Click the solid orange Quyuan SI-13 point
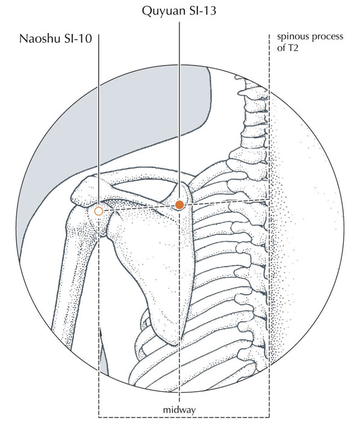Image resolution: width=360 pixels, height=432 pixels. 179,205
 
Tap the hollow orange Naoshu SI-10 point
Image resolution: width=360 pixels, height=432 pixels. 99,211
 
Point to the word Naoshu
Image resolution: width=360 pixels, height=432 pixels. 40,39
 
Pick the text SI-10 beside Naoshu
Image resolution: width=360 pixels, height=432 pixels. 78,39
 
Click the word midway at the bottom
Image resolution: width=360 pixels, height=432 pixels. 179,410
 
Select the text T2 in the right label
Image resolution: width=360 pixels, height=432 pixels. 293,48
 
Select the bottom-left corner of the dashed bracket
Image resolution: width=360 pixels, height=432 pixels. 99,417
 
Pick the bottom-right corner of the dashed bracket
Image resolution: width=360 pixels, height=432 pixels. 269,417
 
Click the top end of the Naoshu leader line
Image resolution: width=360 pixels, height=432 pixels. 99,34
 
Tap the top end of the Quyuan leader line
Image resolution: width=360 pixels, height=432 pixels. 179,22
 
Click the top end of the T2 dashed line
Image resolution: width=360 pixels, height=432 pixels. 269,34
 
